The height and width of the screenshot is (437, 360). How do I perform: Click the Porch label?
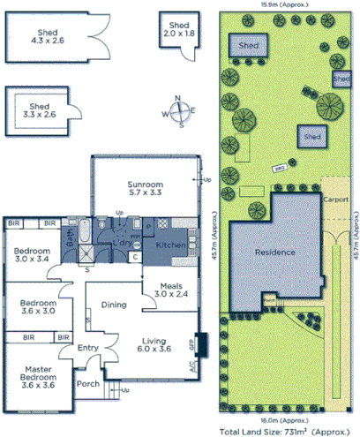coord(87,384)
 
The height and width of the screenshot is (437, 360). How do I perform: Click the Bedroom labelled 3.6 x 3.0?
coord(37,306)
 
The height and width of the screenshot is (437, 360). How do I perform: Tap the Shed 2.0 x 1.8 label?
coord(179,30)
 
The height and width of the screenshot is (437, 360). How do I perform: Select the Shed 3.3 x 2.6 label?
coord(38,109)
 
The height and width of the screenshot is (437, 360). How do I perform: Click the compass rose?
coord(179,112)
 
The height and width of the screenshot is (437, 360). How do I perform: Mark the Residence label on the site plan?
coord(274,252)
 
